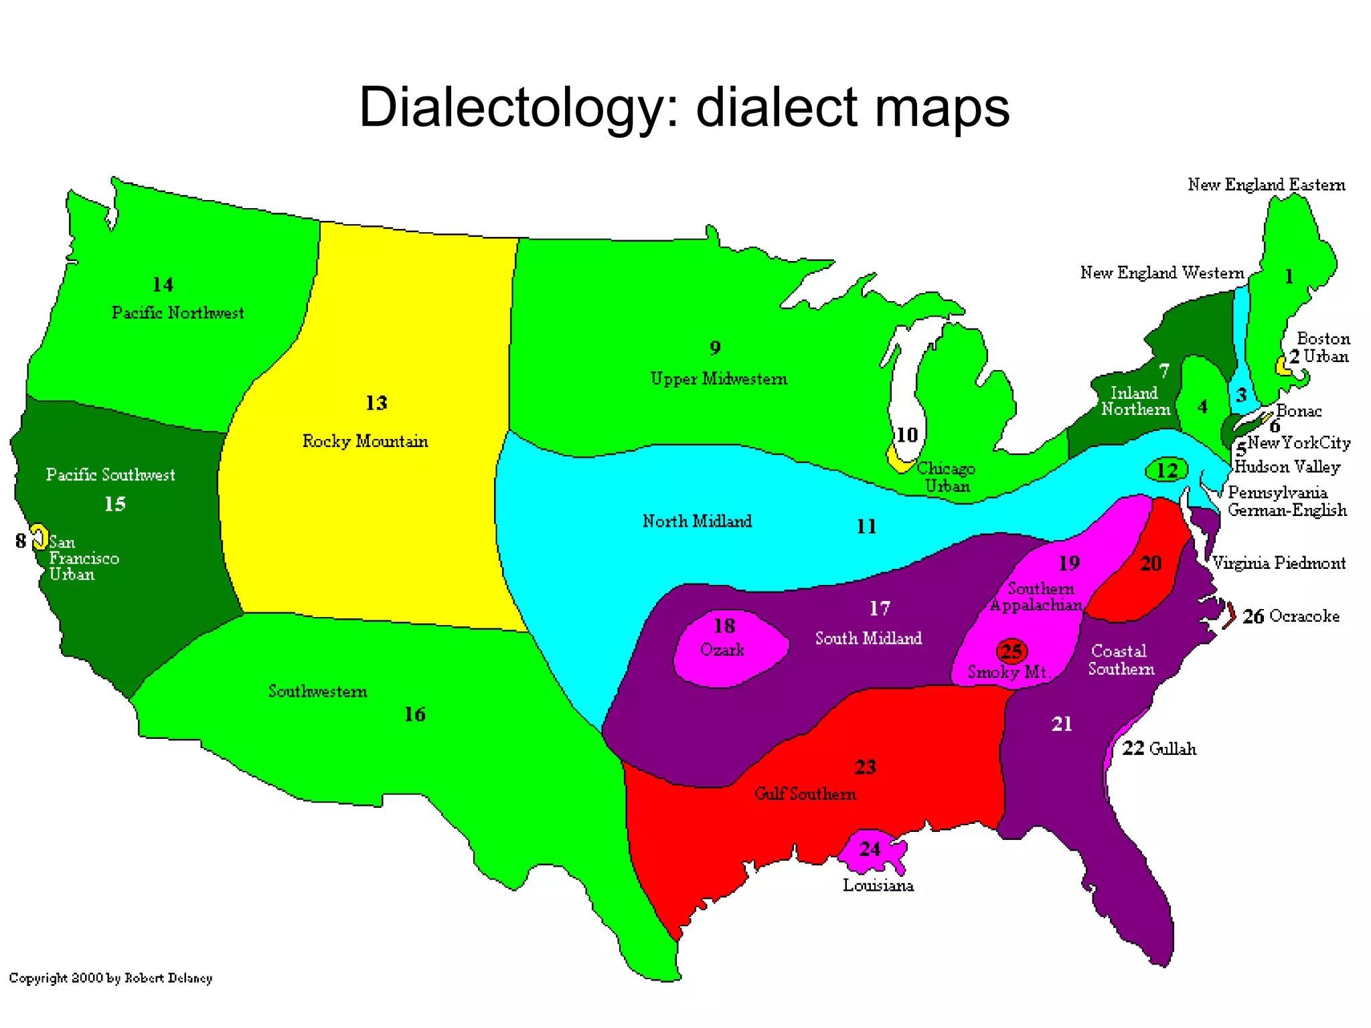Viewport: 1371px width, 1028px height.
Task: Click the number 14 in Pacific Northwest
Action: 163,285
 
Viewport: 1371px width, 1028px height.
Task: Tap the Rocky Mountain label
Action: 365,441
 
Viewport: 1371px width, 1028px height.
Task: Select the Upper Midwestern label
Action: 718,379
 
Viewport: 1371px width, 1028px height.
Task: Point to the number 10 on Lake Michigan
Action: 906,435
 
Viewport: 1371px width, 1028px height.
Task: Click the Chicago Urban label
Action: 946,477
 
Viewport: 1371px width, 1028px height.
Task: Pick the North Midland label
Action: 697,521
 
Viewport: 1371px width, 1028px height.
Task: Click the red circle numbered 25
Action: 1012,651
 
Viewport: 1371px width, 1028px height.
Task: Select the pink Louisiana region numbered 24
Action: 870,850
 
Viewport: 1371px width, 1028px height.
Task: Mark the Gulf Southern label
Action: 805,794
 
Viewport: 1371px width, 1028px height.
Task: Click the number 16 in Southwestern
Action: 414,715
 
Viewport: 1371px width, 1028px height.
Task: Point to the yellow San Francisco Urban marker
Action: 40,537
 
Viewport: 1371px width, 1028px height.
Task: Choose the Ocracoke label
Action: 1304,616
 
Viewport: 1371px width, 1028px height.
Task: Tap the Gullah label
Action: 1172,748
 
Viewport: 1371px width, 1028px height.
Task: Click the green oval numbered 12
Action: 1167,470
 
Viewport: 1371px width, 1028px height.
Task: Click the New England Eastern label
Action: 1266,185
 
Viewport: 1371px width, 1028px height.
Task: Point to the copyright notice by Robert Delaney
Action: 110,978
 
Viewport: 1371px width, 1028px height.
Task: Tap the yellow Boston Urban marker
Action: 1281,365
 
